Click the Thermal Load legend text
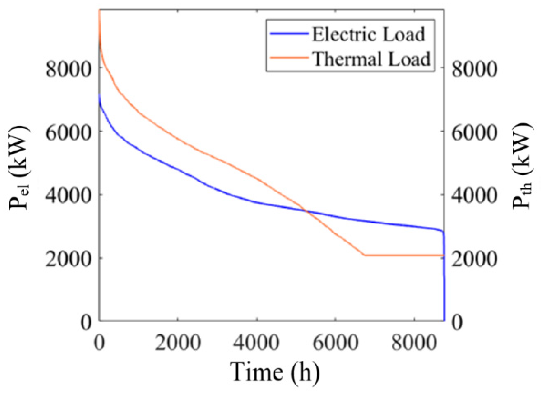tap(372, 59)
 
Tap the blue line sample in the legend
tap(289, 34)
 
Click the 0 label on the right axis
tap(457, 322)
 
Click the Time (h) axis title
tap(274, 372)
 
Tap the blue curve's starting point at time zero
tap(100, 96)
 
